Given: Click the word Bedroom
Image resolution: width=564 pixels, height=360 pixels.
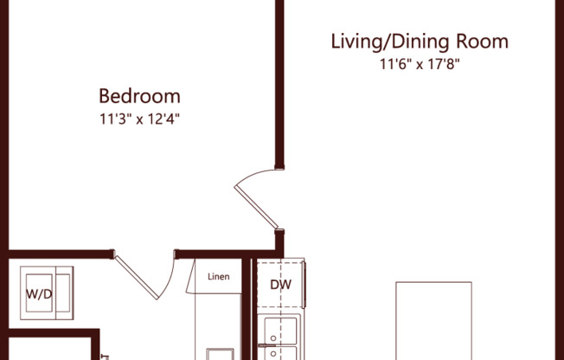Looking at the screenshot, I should tap(139, 95).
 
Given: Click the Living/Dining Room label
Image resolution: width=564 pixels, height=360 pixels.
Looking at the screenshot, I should tap(420, 41).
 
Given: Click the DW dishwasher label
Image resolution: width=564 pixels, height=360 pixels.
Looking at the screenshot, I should tap(280, 285).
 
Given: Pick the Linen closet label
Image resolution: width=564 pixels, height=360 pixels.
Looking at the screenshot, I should tap(218, 278).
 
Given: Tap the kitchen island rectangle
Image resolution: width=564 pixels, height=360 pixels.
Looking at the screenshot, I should tap(433, 320).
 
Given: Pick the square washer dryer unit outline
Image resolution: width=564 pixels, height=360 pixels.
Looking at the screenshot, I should tap(47, 293).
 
